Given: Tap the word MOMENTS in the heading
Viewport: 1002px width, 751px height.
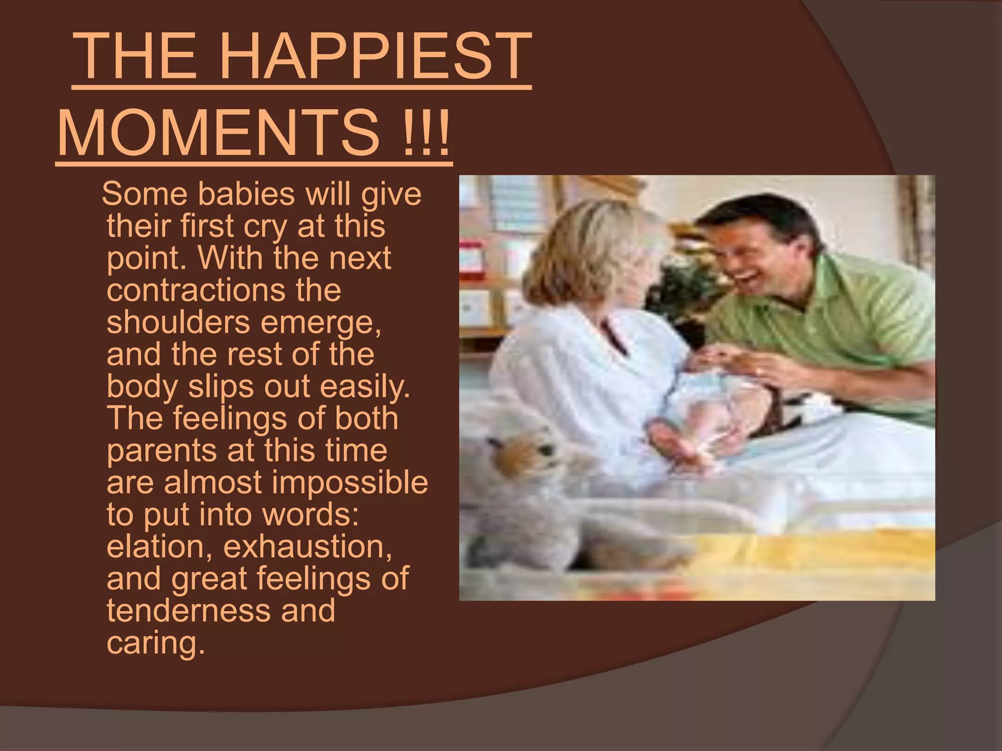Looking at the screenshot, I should [x=218, y=133].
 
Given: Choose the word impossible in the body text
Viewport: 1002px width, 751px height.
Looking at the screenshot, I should [x=350, y=483].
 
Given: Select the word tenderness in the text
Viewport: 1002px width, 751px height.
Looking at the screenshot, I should [x=188, y=610].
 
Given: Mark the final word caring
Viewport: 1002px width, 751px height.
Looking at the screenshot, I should [x=155, y=642].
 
